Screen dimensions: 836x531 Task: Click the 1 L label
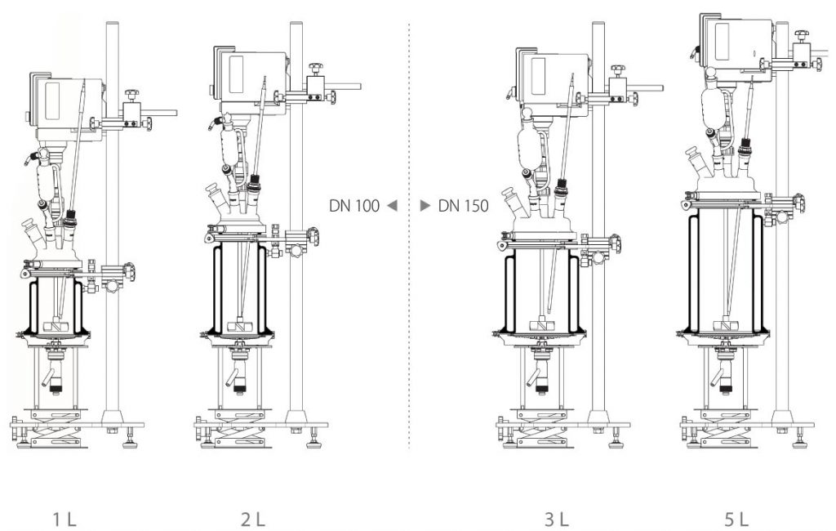coord(64,519)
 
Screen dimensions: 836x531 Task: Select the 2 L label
coord(253,519)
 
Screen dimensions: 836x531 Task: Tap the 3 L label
coord(556,519)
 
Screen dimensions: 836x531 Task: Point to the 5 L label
coord(736,519)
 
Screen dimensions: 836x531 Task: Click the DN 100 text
coord(354,206)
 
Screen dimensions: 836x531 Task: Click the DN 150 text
coord(464,206)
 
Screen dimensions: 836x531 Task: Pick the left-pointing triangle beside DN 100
coord(392,206)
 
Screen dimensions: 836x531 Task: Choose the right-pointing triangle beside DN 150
coord(425,206)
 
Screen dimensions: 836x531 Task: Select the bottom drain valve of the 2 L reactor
coord(239,369)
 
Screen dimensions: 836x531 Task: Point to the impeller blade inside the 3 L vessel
coord(543,323)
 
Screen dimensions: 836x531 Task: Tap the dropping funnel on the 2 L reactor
coord(230,144)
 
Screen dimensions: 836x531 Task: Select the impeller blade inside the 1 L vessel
coord(56,324)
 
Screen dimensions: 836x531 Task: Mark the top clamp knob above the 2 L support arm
coord(316,69)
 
